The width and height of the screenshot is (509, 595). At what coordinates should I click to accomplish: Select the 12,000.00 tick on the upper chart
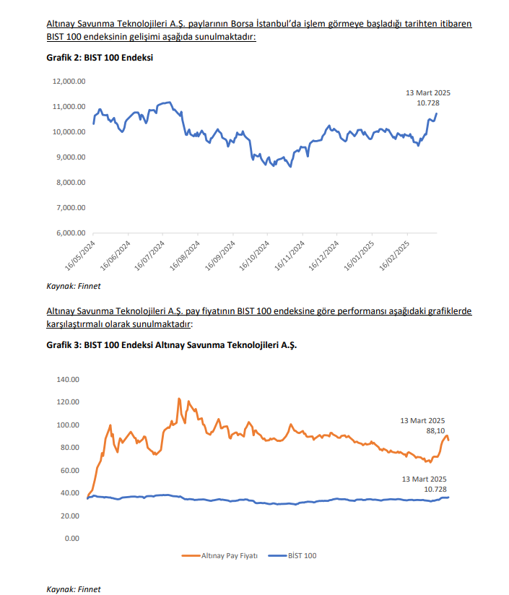tap(70, 82)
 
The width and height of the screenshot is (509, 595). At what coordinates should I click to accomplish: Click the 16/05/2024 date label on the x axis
tap(82, 256)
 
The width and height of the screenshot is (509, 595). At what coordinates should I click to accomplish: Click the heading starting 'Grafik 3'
tap(171, 345)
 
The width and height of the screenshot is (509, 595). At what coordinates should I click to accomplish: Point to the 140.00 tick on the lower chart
tap(66, 379)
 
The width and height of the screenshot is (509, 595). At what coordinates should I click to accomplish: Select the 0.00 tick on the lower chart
tap(71, 539)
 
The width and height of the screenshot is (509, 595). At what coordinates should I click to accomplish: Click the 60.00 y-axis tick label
tap(69, 471)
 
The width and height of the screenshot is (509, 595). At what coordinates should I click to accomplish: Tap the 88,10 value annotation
tap(435, 430)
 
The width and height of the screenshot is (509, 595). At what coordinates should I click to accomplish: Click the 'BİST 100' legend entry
tap(302, 555)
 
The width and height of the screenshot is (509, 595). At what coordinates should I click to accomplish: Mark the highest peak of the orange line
tap(178, 399)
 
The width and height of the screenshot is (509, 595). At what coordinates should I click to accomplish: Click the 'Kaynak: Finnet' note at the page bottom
tap(73, 589)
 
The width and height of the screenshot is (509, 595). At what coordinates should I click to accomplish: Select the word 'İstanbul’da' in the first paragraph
tap(281, 24)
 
